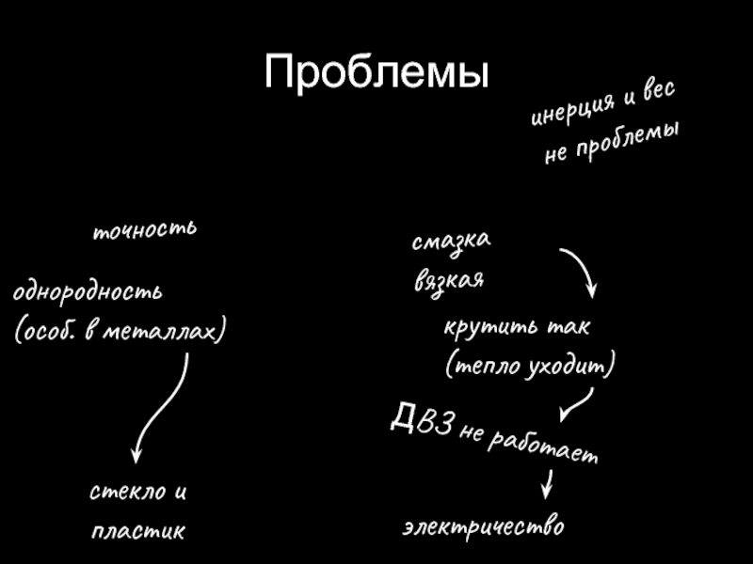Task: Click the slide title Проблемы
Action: coord(376,73)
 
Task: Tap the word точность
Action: coord(144,229)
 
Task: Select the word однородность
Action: coord(88,291)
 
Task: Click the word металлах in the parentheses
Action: coord(174,332)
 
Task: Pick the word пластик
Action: coord(138,532)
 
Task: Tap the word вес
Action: coord(656,92)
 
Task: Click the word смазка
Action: coord(451,242)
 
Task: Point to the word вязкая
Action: coord(449,280)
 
